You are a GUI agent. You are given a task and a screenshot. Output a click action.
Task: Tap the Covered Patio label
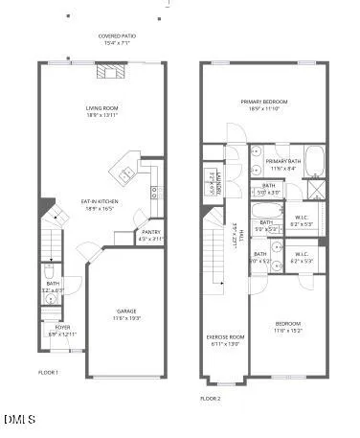(115, 36)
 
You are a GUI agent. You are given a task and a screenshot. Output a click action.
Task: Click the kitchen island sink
(127, 173)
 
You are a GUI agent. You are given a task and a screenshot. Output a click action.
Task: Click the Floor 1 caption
(48, 371)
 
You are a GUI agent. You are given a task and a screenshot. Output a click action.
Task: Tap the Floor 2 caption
(210, 397)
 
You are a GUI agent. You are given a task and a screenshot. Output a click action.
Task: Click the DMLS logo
(19, 420)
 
